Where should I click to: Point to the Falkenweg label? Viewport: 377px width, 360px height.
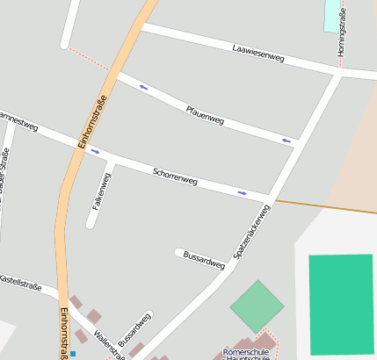(102, 191)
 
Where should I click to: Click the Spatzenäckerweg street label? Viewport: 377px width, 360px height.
(251, 231)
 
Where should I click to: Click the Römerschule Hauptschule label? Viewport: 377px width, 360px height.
(248, 354)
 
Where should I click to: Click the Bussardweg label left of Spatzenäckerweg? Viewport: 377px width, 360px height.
(204, 261)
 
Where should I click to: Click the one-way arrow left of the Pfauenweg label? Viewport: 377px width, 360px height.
(143, 87)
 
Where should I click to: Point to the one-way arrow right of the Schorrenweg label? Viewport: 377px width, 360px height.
(242, 192)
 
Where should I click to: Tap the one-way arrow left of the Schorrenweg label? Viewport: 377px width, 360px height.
(95, 151)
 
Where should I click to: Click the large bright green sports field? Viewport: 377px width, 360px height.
(342, 303)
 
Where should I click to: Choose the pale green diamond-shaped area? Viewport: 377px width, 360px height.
(257, 306)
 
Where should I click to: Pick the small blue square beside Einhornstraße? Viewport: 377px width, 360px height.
(73, 354)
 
